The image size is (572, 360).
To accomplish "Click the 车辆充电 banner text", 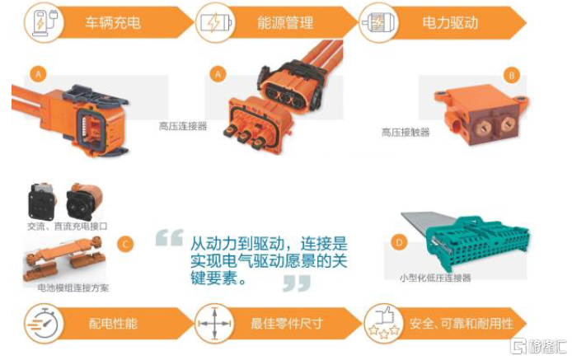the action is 113,22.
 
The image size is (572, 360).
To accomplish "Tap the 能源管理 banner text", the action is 285,22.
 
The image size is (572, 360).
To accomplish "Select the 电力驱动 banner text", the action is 450,22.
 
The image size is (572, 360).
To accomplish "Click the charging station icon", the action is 45,23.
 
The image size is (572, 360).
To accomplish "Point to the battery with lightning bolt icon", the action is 216,23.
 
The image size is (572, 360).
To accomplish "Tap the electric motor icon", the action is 378,22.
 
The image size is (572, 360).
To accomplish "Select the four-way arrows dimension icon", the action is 214,324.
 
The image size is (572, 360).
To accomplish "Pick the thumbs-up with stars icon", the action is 384,323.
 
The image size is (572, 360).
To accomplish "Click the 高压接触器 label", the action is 406,132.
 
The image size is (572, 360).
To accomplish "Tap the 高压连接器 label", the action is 183,126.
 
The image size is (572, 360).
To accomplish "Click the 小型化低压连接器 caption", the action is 435,278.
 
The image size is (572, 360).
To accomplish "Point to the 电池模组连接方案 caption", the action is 73,288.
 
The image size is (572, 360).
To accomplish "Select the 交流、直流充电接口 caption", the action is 68,227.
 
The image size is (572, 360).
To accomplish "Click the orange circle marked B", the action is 512,76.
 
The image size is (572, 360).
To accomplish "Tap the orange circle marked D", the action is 399,242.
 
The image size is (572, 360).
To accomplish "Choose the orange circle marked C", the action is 125,244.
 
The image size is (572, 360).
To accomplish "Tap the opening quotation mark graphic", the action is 169,238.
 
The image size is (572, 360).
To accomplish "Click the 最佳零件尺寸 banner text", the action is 287,324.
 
